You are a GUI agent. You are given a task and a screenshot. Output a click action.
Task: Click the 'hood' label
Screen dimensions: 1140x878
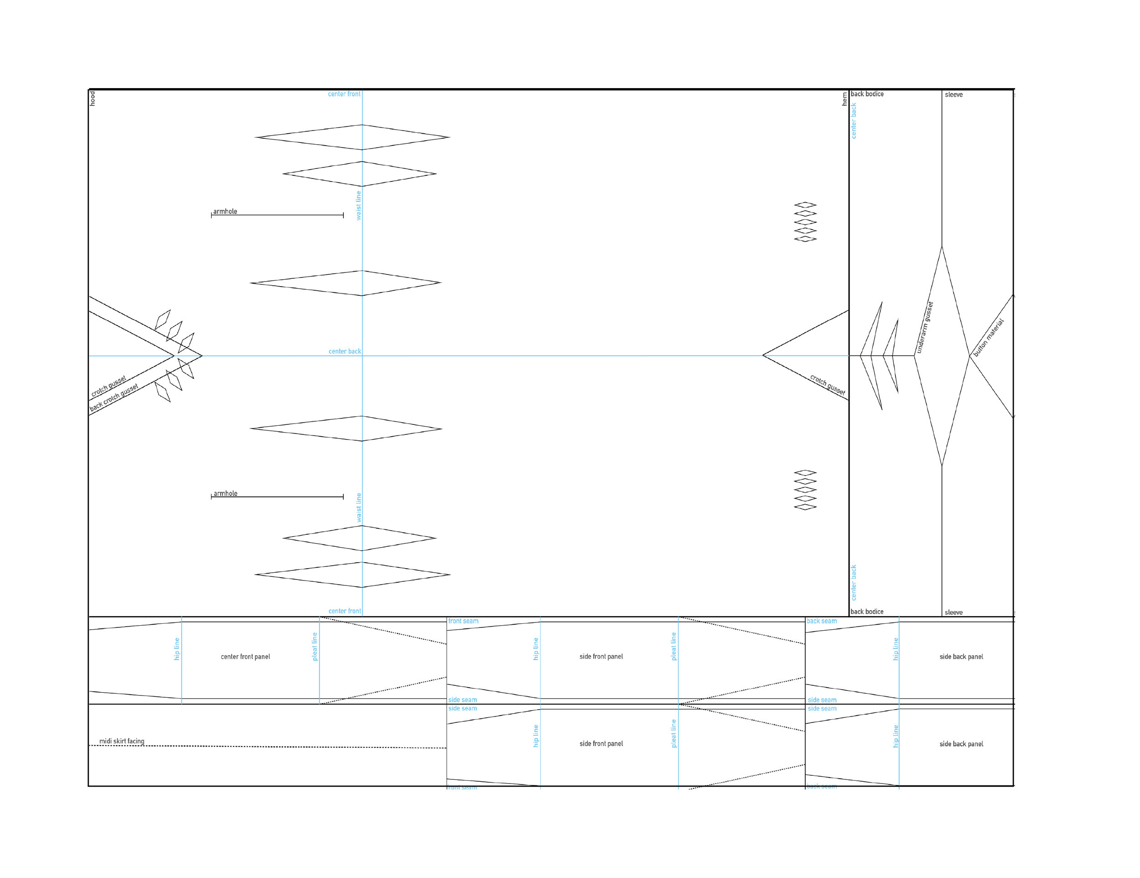(x=93, y=98)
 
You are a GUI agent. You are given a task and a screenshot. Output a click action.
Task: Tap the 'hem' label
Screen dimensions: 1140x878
(x=845, y=99)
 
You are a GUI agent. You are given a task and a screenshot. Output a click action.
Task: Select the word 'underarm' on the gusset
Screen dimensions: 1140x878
(x=922, y=338)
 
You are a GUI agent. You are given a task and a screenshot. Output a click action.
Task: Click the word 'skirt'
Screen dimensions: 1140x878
(x=119, y=741)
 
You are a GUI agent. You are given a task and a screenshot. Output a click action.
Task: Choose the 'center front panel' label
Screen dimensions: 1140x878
(x=245, y=657)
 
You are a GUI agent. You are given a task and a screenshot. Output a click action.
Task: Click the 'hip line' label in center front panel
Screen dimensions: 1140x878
(x=176, y=649)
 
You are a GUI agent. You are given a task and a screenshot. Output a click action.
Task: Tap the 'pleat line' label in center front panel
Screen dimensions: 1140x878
(x=314, y=647)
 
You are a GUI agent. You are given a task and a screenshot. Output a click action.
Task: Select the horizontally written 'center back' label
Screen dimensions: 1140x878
(x=344, y=351)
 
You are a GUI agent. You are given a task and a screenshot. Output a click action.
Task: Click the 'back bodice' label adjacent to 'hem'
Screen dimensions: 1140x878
(x=867, y=94)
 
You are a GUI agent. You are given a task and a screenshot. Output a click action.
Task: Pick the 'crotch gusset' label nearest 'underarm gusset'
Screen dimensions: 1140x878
(x=827, y=384)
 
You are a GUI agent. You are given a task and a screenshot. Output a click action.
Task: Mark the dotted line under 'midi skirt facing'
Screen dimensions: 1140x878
(x=261, y=747)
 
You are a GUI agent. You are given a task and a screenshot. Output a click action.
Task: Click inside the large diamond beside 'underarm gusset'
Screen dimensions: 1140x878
(x=942, y=355)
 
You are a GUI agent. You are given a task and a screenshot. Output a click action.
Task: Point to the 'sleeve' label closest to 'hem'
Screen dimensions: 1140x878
(x=953, y=94)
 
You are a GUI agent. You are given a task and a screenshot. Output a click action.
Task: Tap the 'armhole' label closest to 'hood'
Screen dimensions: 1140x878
(x=225, y=212)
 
